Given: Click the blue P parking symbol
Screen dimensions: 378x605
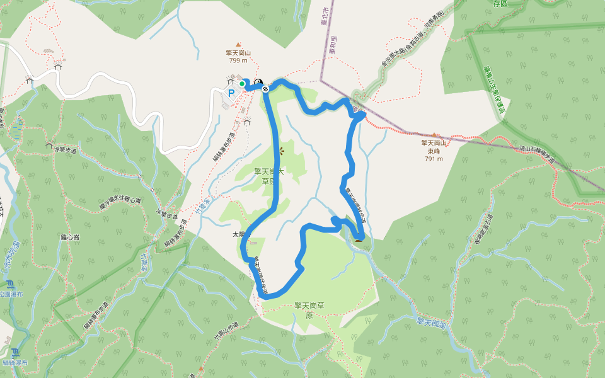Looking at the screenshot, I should [231, 93].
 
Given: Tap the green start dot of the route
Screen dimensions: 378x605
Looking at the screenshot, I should [242, 83].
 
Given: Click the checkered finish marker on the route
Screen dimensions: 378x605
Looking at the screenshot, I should [266, 88].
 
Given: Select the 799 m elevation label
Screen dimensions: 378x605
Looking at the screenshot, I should [238, 61].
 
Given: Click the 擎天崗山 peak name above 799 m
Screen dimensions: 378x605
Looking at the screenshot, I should [238, 53].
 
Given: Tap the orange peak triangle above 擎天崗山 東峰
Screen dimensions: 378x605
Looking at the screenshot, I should [435, 135].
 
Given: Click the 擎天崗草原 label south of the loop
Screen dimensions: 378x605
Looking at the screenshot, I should [309, 309].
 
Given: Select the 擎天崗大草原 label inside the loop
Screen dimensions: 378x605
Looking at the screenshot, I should [269, 176].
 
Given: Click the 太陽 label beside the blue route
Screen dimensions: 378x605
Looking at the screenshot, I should [239, 235].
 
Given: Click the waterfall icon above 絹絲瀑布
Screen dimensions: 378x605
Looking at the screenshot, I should [14, 352].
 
